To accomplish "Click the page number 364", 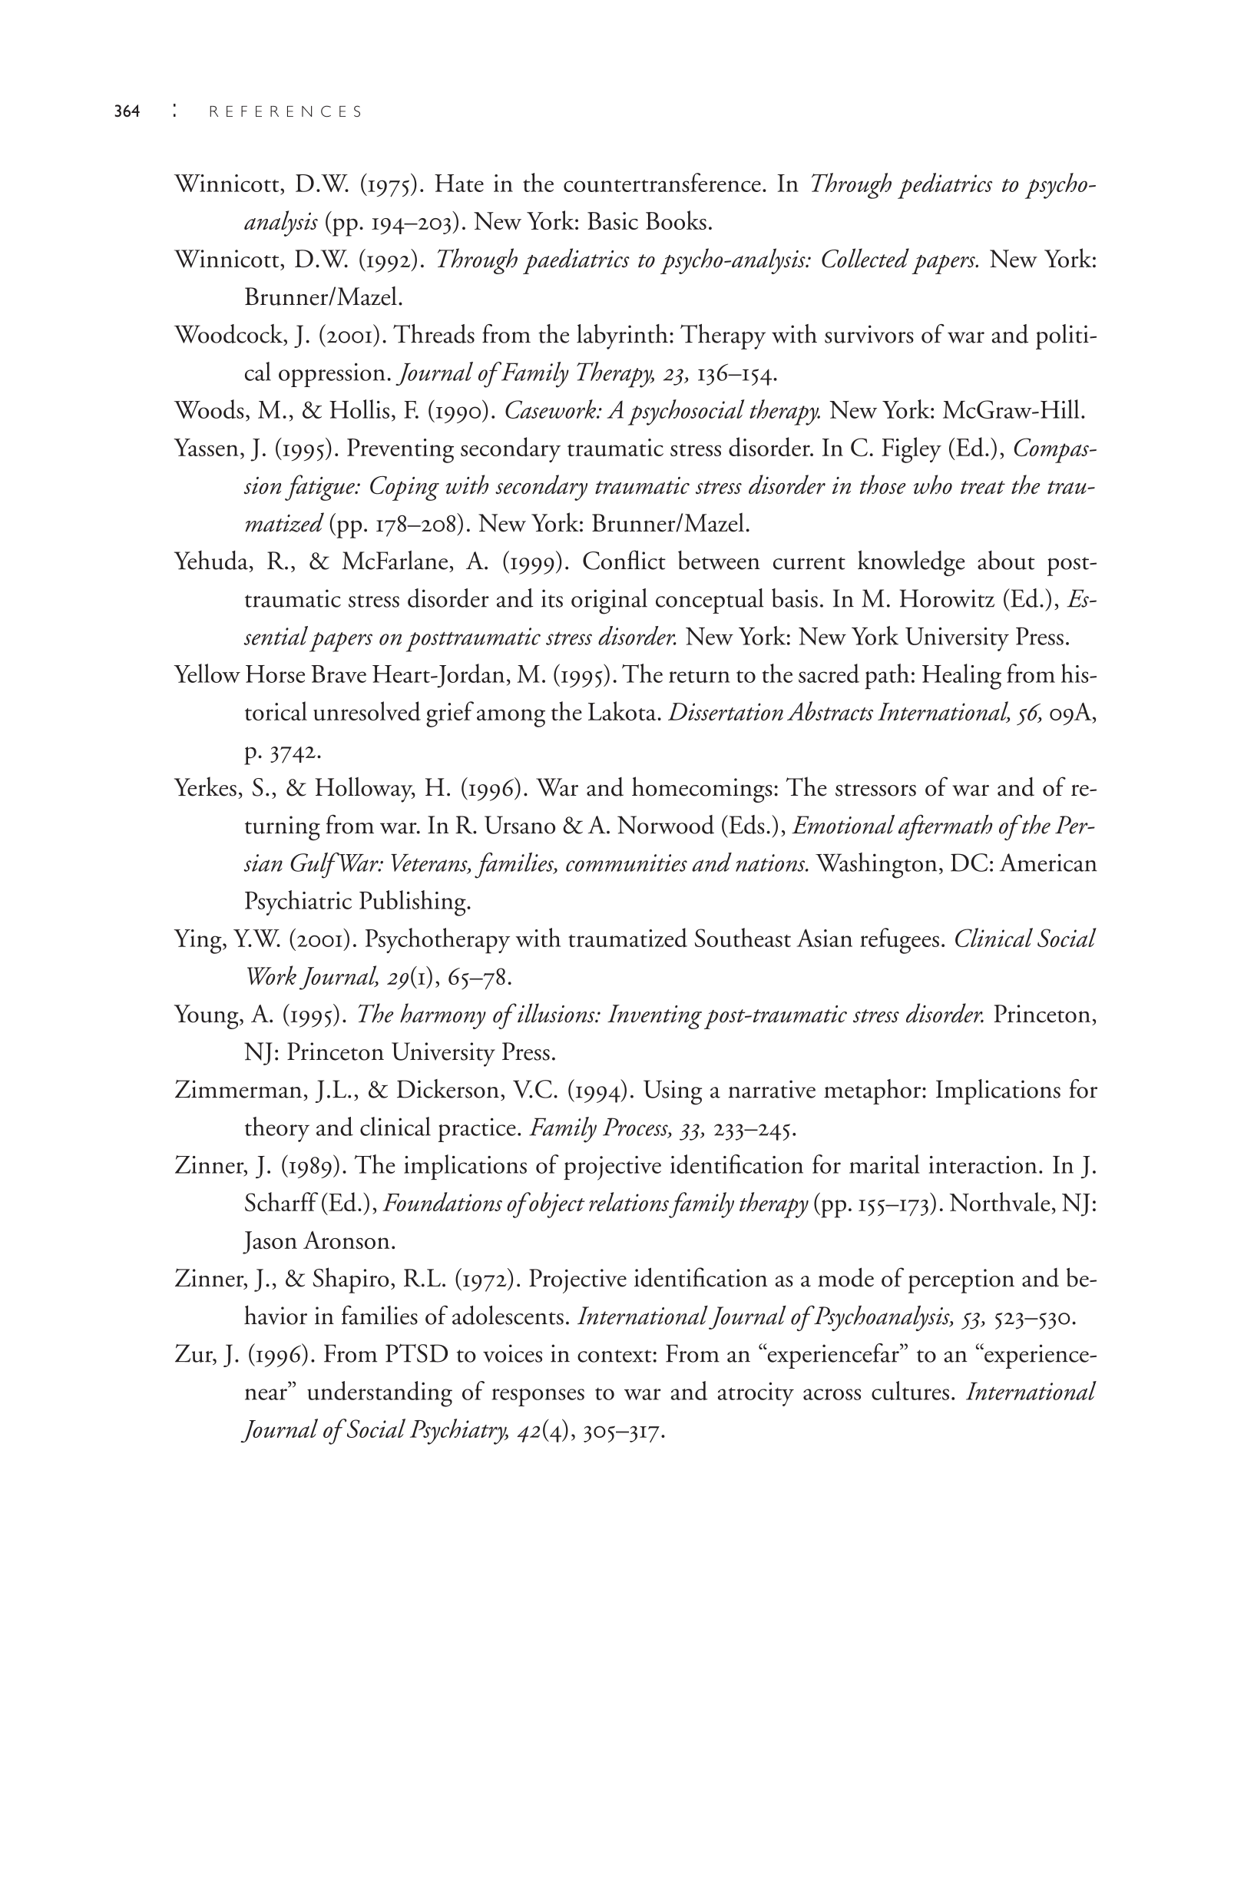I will [127, 112].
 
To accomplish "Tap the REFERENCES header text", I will [286, 112].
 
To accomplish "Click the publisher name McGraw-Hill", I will [1014, 411].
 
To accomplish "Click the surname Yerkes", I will [207, 789].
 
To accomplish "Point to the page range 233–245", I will [754, 1128].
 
